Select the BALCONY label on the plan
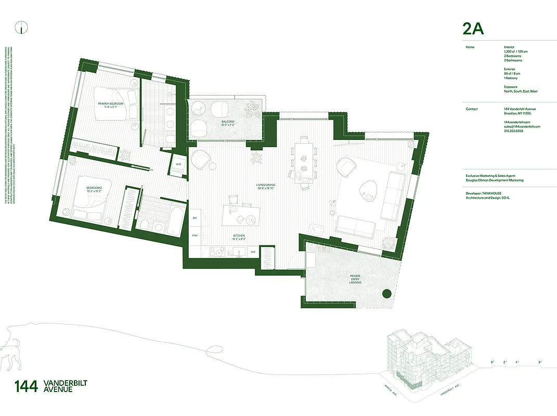point(227,123)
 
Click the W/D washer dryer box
point(178,164)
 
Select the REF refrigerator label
point(195,218)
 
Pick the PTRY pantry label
point(195,236)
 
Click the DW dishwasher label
point(253,252)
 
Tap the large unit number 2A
point(473,29)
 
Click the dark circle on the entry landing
point(386,294)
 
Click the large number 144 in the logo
point(26,386)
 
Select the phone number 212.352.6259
point(514,131)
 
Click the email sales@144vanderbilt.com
point(522,126)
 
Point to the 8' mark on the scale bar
point(541,362)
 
